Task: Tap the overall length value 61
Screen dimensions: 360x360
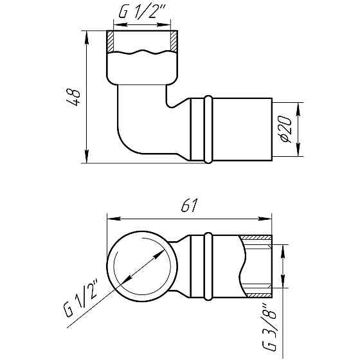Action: (x=188, y=206)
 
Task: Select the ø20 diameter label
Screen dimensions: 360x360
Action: (x=287, y=129)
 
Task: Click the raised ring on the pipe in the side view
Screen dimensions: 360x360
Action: (x=208, y=129)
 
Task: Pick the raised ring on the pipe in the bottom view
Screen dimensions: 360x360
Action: (x=208, y=266)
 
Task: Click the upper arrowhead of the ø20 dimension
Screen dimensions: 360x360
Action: (x=298, y=105)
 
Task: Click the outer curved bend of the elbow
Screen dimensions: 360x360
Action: (x=125, y=145)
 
